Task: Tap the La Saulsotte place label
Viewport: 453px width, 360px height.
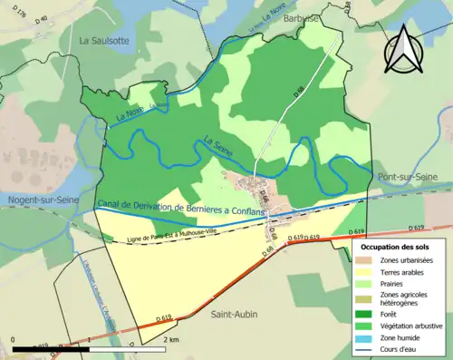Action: [x=107, y=41]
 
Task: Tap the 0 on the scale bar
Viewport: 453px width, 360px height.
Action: [x=14, y=339]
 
